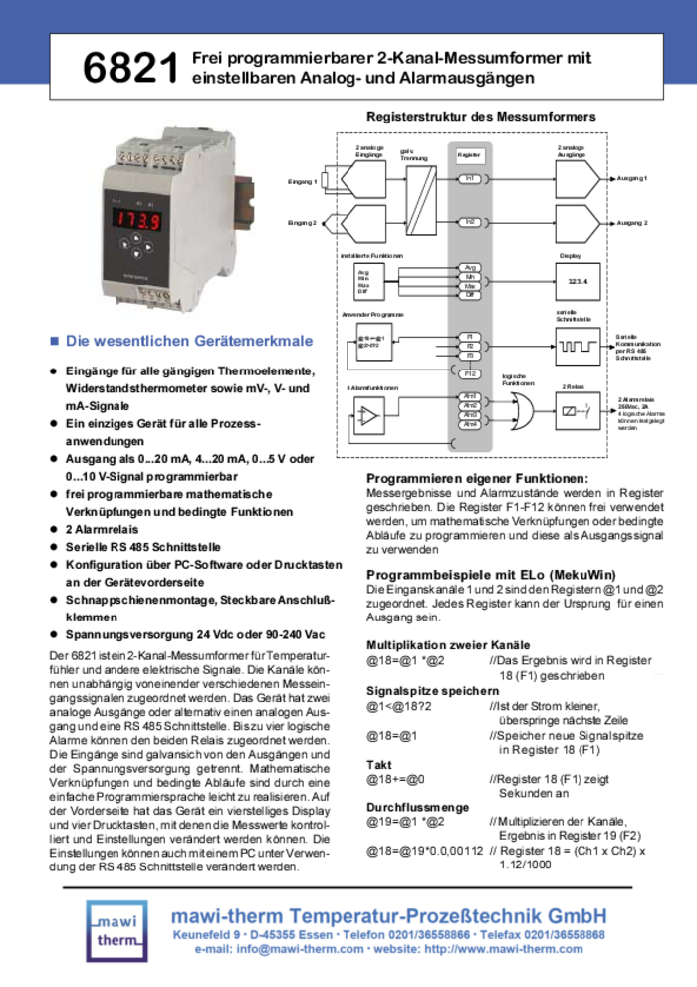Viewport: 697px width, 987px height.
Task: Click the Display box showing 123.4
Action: point(579,281)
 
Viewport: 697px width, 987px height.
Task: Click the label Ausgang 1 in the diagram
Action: point(632,178)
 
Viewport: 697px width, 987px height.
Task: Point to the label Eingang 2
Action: point(302,222)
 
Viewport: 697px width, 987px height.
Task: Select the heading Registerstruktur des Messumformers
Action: point(481,118)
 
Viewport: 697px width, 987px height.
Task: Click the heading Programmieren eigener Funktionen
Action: point(471,478)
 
